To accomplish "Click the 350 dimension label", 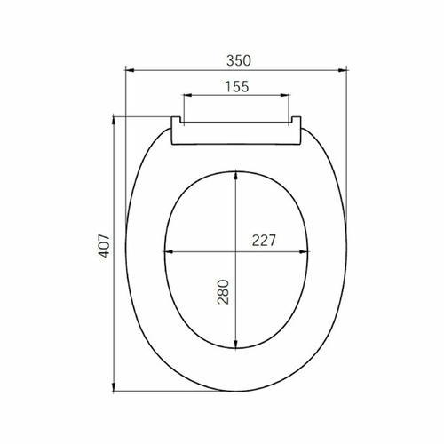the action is pos(239,60).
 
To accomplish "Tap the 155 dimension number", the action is pos(237,86).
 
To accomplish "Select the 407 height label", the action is pos(104,246).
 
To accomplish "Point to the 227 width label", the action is pos(264,241).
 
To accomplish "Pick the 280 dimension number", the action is pos(223,292).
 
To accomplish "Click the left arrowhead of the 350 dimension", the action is pos(131,70).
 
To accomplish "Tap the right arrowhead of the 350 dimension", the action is pos(342,70).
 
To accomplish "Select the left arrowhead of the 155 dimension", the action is pos(188,95).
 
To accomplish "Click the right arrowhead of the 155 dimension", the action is pos(284,95).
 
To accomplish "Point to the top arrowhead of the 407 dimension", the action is pos(114,122).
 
